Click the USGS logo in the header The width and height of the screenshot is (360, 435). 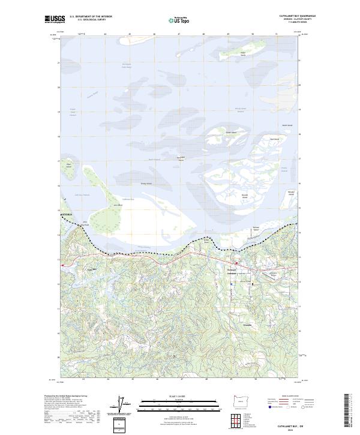[55, 19]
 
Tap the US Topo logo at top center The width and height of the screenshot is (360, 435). [179, 20]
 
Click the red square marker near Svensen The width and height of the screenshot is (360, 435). [236, 263]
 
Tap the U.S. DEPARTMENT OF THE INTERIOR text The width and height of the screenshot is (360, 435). [91, 17]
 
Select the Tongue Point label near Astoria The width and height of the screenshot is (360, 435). [85, 224]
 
